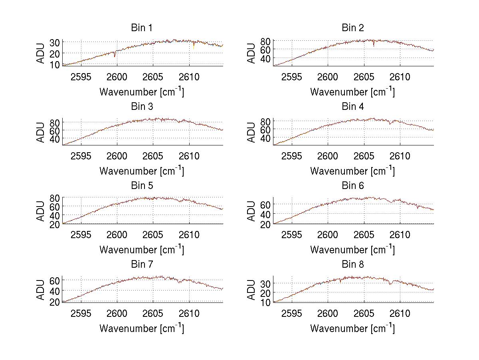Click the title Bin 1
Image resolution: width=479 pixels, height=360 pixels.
tap(142, 28)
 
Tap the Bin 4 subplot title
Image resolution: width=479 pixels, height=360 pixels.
tap(353, 107)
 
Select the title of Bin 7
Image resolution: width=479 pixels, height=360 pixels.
tap(142, 265)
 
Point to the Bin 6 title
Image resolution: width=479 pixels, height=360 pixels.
tap(353, 186)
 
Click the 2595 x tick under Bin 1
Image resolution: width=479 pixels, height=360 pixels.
tap(81, 77)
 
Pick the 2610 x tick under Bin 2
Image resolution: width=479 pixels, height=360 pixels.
tap(400, 77)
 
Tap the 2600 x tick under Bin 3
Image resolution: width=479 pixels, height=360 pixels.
tap(117, 156)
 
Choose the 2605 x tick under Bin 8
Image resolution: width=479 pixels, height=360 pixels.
tap(364, 314)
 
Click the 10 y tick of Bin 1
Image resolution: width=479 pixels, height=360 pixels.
tap(55, 64)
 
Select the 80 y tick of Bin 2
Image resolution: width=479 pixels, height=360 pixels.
tap(265, 41)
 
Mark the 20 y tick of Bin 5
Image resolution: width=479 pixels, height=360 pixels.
tap(55, 224)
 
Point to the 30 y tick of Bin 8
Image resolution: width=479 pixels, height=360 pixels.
tap(265, 283)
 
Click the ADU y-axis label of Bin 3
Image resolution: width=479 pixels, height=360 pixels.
tap(41, 132)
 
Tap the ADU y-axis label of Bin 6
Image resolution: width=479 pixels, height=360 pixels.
tap(251, 211)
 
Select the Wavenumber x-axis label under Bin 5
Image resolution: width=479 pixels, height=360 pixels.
tap(142, 250)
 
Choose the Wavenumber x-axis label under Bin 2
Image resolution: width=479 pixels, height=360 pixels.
tap(353, 92)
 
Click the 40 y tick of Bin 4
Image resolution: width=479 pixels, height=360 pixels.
tap(265, 138)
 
